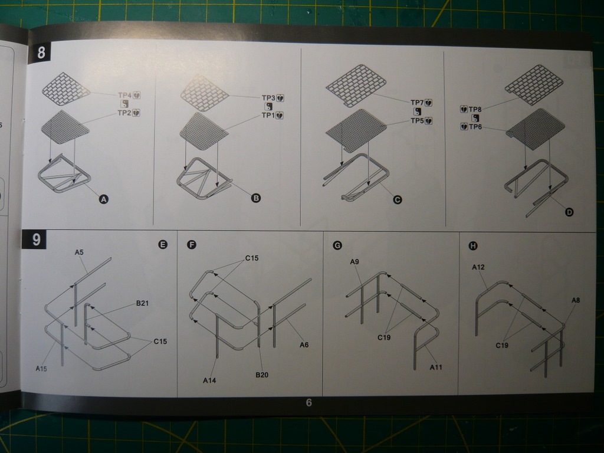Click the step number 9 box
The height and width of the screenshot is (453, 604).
coord(34,239)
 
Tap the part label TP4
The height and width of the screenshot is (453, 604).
coord(125,95)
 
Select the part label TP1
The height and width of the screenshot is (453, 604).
coord(268,115)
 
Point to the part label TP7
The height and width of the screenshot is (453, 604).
coord(417,103)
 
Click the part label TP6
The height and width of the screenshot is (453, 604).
coord(475,126)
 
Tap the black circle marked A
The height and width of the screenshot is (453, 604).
coord(104,199)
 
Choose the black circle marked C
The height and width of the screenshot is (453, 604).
coord(397,199)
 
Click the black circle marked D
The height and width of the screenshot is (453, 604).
coord(569,212)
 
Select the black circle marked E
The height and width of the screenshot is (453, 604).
coord(163,245)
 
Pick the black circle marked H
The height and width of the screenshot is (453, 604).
coord(473,246)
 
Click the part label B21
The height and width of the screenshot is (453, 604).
coord(142,303)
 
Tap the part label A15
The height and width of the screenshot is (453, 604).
coord(41,369)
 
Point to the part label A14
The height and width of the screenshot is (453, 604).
coord(209,380)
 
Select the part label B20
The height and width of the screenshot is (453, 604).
coord(262,375)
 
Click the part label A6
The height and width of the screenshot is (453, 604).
coord(304,344)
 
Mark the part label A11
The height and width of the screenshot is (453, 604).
coord(436,367)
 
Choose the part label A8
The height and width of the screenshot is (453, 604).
coord(576,300)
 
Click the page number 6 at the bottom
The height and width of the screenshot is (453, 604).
coord(308,402)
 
